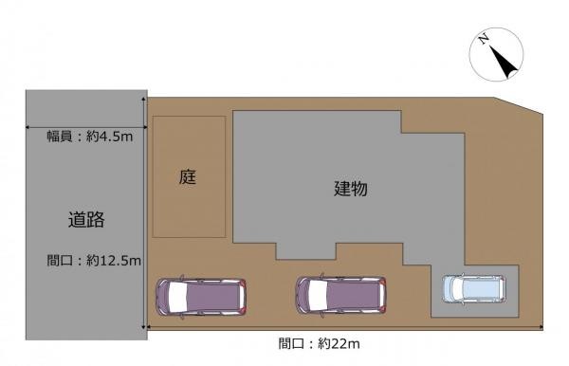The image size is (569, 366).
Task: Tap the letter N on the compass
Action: click(484, 40)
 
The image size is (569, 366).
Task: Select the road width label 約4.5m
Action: click(90, 137)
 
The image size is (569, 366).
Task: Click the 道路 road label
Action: click(85, 220)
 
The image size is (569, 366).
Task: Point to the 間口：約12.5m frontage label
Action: click(94, 260)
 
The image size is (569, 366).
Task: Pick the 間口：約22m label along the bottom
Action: click(320, 342)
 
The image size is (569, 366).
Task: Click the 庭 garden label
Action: click(189, 177)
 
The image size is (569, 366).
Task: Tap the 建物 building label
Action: click(350, 188)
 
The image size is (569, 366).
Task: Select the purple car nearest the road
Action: click(203, 297)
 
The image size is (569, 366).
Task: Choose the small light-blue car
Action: click(474, 288)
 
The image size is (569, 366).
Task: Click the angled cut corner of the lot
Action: click(525, 106)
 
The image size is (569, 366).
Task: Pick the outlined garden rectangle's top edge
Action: click(189, 117)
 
